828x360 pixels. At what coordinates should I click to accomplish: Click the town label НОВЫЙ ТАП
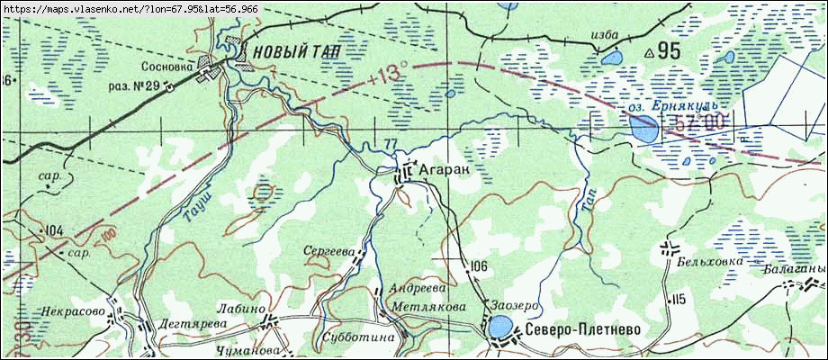296,52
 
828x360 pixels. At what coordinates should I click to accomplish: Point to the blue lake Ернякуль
643,130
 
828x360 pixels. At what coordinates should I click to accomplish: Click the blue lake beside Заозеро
499,326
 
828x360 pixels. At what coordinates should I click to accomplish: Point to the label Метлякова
427,307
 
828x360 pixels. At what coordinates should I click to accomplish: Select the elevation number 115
677,298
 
